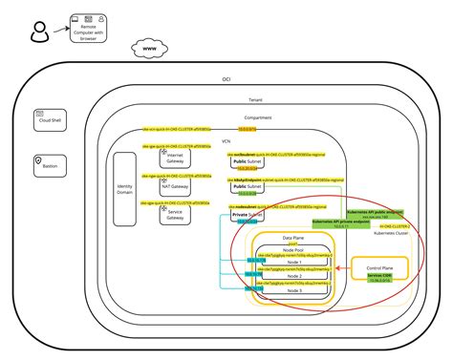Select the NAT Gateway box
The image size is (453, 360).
click(x=174, y=186)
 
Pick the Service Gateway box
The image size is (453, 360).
click(x=174, y=214)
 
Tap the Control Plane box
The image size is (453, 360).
click(x=380, y=271)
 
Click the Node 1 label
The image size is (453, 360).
click(x=293, y=261)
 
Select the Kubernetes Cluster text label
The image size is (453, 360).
click(x=389, y=233)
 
